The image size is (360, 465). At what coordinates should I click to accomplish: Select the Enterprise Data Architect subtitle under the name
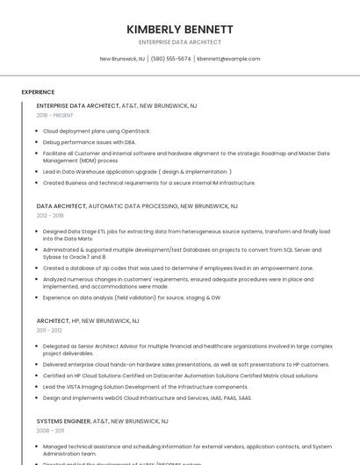[x=179, y=42]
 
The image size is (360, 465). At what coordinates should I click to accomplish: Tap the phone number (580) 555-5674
[x=170, y=59]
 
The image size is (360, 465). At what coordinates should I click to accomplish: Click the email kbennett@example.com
[x=228, y=59]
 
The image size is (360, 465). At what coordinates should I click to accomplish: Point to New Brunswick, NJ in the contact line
[x=122, y=59]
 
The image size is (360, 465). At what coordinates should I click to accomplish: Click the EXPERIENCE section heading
[x=38, y=91]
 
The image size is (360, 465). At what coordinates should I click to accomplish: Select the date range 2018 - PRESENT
[x=54, y=115]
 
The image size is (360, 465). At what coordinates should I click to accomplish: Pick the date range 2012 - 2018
[x=50, y=215]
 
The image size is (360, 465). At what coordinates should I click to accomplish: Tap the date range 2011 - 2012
[x=49, y=331]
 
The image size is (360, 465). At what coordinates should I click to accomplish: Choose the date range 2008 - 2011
[x=50, y=431]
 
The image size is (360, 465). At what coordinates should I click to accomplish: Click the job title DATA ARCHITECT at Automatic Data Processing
[x=61, y=206]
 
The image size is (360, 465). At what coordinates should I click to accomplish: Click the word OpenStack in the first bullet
[x=137, y=131]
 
